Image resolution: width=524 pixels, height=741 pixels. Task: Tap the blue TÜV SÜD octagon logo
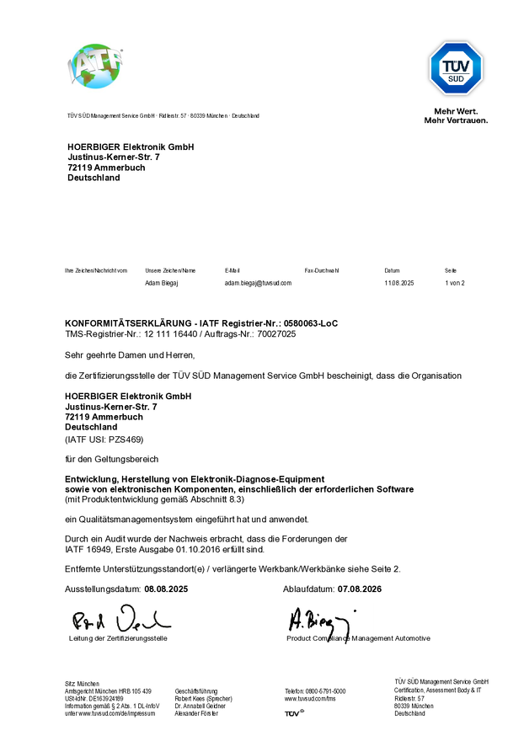(456, 68)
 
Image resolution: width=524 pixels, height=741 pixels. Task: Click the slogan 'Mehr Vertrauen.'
(456, 120)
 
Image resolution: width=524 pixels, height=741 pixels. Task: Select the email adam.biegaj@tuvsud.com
(258, 284)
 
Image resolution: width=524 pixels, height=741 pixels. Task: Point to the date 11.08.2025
(399, 284)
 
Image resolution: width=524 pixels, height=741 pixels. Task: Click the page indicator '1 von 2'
(455, 284)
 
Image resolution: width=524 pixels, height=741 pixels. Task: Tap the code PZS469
(126, 440)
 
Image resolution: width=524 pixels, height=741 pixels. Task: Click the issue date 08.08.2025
(166, 589)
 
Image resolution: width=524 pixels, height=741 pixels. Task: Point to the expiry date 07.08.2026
(360, 589)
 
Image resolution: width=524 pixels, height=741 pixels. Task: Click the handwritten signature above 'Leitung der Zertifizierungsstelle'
(120, 621)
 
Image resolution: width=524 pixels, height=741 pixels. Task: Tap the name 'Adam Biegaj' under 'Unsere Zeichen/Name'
(162, 284)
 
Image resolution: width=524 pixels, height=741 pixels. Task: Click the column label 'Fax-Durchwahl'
(322, 270)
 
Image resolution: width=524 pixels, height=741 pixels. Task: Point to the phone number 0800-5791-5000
(325, 690)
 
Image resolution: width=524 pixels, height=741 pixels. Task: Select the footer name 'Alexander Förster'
(196, 713)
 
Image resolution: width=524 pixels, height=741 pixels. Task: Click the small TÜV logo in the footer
(293, 713)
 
